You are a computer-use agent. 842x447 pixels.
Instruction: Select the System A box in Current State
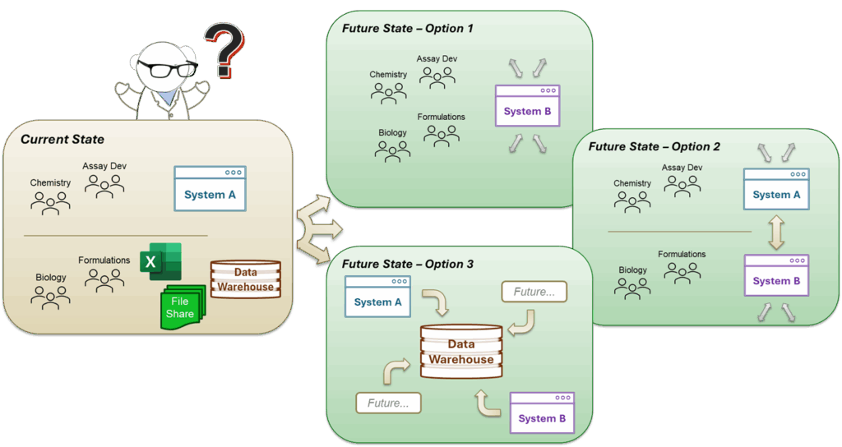coord(210,188)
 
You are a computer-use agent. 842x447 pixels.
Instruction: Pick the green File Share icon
coord(180,307)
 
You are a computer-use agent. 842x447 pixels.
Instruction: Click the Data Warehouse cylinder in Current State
coord(245,280)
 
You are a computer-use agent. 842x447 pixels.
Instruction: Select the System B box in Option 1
coord(527,105)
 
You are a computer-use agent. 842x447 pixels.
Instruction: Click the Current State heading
coord(62,140)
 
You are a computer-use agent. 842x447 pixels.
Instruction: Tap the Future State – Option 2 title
coord(654,146)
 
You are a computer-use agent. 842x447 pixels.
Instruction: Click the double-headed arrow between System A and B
coord(776,233)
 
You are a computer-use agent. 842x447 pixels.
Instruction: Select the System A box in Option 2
coord(776,189)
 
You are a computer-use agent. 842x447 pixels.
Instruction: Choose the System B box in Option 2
coord(776,275)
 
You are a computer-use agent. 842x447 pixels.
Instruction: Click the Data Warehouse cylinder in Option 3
coord(461,352)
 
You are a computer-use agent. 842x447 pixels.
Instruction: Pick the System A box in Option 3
coord(377,296)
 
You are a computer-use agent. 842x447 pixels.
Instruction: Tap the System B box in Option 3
coord(542,412)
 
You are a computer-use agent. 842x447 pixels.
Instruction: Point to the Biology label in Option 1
coord(392,132)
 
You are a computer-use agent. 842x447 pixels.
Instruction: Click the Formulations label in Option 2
coord(682,255)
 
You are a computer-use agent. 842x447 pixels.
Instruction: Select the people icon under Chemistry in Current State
coord(51,202)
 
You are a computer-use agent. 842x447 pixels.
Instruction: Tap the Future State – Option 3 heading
coord(408,265)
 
